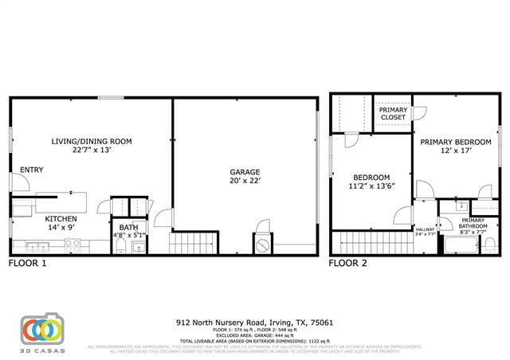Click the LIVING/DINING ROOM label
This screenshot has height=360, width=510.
pyautogui.click(x=92, y=142)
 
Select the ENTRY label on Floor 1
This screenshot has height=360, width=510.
pyautogui.click(x=32, y=170)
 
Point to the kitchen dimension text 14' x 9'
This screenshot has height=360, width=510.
pyautogui.click(x=60, y=227)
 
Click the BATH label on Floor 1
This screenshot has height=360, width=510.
pyautogui.click(x=128, y=227)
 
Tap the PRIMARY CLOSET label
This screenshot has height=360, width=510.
pyautogui.click(x=392, y=114)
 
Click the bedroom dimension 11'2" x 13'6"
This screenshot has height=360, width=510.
pyautogui.click(x=371, y=186)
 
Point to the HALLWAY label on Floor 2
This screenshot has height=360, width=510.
pyautogui.click(x=425, y=231)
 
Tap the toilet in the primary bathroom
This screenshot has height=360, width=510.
pyautogui.click(x=489, y=244)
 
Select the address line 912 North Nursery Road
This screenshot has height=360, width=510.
pyautogui.click(x=254, y=323)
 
